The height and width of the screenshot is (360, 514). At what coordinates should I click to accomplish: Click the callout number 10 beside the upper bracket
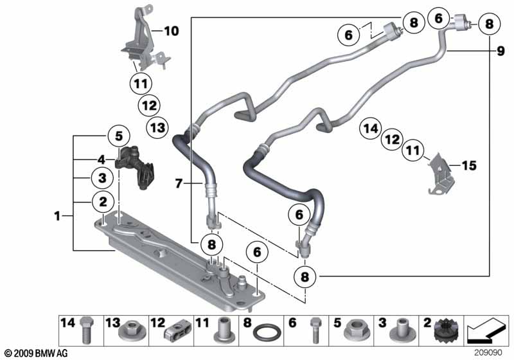172,30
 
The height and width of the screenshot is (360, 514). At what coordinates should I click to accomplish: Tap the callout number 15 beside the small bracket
469,166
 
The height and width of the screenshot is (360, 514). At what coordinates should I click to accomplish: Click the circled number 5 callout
118,136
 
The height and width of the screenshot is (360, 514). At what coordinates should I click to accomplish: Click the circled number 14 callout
370,128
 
